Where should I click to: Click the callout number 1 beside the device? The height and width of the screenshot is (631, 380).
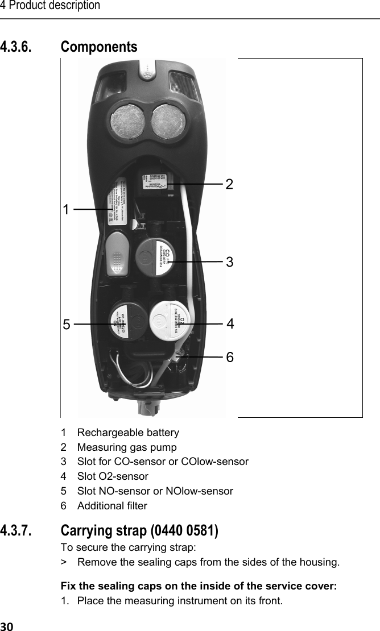(67, 209)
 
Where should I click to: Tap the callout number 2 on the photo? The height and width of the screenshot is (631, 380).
(229, 184)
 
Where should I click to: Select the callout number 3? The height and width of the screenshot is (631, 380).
(230, 262)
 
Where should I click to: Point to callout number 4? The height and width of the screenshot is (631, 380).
(230, 323)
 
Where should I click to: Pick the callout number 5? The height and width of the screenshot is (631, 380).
(67, 325)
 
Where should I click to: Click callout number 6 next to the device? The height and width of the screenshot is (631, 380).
(230, 357)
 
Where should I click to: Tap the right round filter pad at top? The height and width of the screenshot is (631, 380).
(170, 123)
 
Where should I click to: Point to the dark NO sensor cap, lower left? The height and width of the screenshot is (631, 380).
(127, 322)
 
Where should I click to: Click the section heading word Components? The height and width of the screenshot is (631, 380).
(99, 47)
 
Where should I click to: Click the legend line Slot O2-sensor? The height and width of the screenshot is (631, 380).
(113, 476)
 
